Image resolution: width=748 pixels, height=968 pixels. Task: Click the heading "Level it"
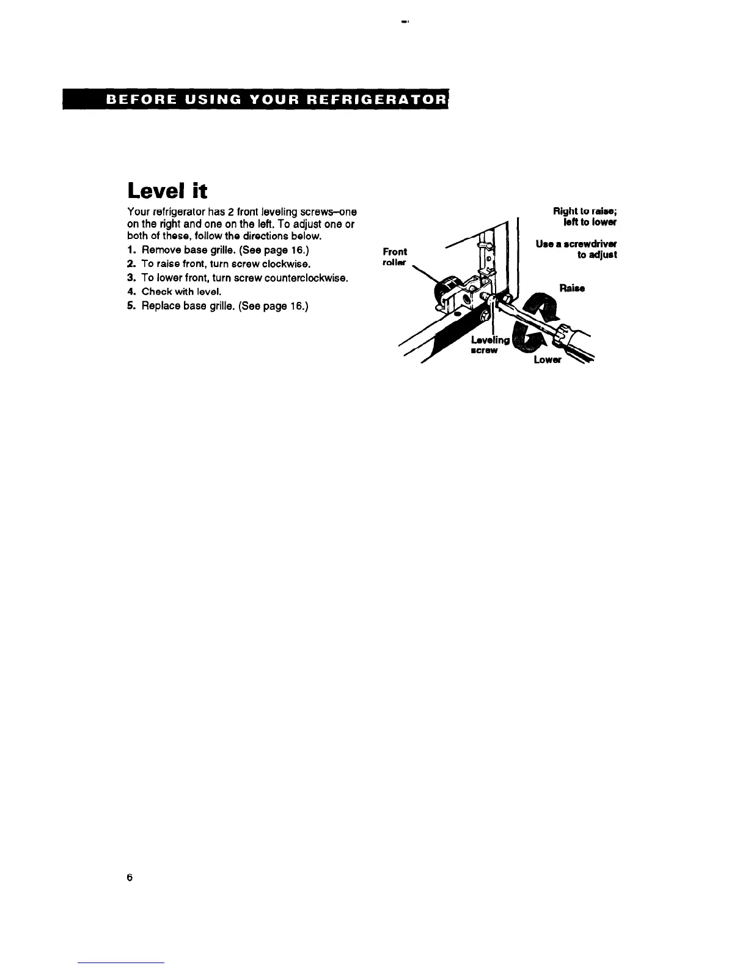(x=167, y=191)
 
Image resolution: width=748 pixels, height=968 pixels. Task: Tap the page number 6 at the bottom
(x=129, y=878)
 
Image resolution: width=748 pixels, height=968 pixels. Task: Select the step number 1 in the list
(x=131, y=251)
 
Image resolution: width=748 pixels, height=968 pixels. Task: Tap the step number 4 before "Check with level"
(x=131, y=291)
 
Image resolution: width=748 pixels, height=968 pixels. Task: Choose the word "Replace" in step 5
(x=161, y=306)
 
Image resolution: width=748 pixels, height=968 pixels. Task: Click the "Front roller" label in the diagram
(x=394, y=257)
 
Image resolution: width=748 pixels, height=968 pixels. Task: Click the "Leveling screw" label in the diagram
(x=490, y=345)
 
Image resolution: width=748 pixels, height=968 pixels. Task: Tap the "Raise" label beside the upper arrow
(x=572, y=288)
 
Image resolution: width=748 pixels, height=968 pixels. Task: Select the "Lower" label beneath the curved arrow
(x=547, y=359)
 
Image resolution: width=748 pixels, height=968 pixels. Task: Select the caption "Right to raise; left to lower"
(x=585, y=216)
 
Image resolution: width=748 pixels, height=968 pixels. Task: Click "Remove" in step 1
(x=161, y=251)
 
